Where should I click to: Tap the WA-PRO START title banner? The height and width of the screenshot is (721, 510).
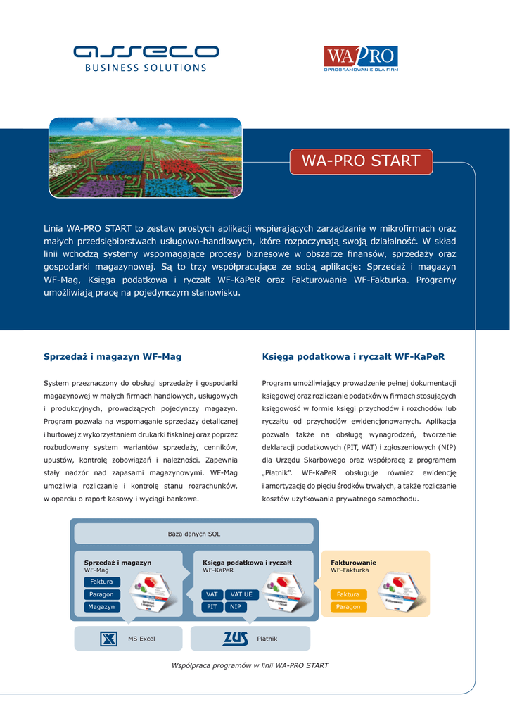tap(361, 161)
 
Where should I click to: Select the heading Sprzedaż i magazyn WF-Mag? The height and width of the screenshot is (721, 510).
tap(113, 357)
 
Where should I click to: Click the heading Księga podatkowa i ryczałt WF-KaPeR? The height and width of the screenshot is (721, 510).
tap(353, 357)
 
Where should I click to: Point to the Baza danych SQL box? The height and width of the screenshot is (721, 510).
tap(194, 534)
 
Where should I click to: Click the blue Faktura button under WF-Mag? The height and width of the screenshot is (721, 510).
tap(101, 582)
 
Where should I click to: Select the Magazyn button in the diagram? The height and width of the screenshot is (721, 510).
tap(101, 607)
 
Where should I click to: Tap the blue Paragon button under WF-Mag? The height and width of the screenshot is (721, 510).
tap(101, 594)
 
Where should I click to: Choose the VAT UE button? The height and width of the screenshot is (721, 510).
tap(241, 594)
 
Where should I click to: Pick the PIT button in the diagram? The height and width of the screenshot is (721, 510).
tap(212, 607)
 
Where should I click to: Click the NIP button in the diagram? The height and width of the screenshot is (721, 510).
tap(236, 607)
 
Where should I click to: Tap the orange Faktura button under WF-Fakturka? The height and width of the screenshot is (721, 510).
tap(348, 594)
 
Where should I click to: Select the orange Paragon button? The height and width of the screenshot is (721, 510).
tap(348, 607)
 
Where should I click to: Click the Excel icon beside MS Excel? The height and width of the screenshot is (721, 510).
tap(108, 639)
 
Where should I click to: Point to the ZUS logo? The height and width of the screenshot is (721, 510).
tap(235, 639)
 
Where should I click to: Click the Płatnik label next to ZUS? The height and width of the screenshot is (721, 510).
tap(267, 639)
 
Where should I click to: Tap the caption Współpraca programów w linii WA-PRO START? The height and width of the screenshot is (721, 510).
tap(250, 665)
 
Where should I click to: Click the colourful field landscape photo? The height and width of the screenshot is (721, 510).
tap(146, 158)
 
